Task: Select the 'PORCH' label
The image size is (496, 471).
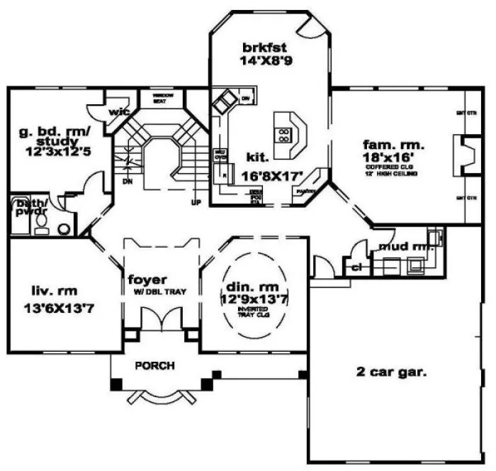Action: tap(154, 365)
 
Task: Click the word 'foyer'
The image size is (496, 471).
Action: tap(146, 277)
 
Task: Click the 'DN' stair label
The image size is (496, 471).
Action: tap(128, 181)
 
